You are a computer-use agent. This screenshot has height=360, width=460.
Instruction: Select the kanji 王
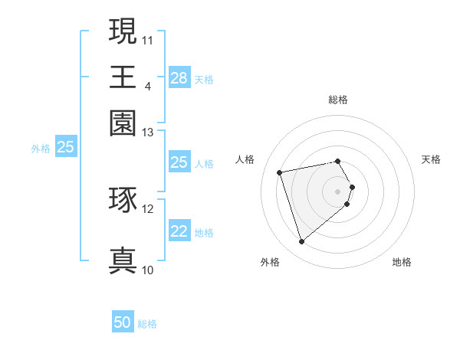(x=123, y=77)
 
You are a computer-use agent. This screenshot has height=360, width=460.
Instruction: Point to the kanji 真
(x=123, y=260)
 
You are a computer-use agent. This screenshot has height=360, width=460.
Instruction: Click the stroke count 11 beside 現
(x=148, y=40)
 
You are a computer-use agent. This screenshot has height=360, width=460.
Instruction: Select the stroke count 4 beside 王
(x=147, y=87)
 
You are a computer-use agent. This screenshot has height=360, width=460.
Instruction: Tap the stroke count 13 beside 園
(x=148, y=133)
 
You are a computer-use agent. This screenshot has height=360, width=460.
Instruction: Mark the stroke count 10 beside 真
(x=148, y=270)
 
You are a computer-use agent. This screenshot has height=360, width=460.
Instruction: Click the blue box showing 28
(x=179, y=78)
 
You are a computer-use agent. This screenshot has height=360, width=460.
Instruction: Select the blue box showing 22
(x=179, y=231)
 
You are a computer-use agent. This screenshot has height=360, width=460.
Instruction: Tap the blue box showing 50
(x=123, y=322)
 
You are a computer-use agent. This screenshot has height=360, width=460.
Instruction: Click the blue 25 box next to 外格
(x=65, y=148)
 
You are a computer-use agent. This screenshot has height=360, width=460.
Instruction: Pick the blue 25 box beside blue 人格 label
(x=179, y=162)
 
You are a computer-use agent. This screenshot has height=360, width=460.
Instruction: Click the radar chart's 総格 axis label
(x=338, y=100)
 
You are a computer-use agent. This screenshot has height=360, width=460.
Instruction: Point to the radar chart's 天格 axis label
(x=431, y=159)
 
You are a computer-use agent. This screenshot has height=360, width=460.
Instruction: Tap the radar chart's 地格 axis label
(x=402, y=263)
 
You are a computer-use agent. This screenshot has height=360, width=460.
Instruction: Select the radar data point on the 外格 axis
(x=301, y=242)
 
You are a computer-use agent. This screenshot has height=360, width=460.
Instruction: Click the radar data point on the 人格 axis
(x=280, y=172)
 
